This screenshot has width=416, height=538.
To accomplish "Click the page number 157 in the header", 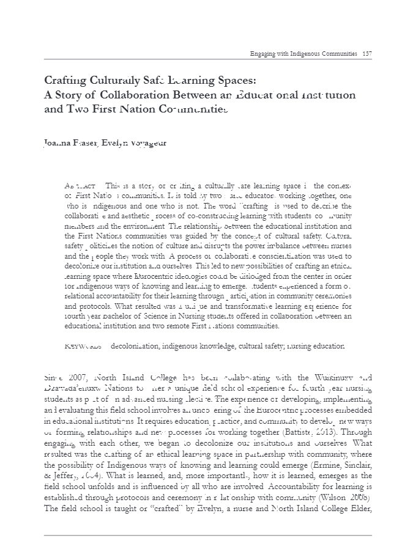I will (367, 54).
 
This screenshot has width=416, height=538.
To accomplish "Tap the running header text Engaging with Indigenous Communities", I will (304, 54).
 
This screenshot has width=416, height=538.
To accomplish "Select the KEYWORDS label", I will (83, 346).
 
